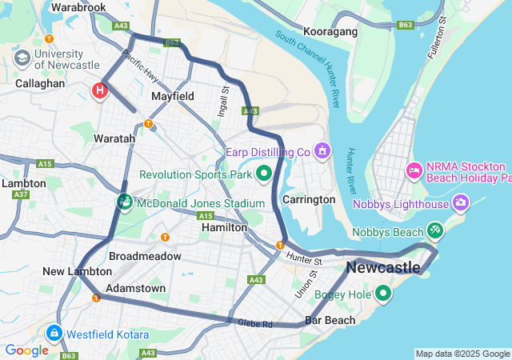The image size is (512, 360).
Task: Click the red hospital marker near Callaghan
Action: pyautogui.click(x=100, y=90)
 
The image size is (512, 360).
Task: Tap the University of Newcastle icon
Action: pyautogui.click(x=22, y=58)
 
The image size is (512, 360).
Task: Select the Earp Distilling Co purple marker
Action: pyautogui.click(x=322, y=150)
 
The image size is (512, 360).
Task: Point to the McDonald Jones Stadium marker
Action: pyautogui.click(x=125, y=202)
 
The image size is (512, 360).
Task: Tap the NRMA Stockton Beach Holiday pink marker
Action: pyautogui.click(x=414, y=169)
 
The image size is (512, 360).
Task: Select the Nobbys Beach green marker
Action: pyautogui.click(x=435, y=231)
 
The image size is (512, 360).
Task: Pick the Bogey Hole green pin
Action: pyautogui.click(x=383, y=294)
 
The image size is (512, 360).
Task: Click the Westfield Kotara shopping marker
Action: pyautogui.click(x=54, y=333)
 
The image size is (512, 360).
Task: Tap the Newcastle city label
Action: pyautogui.click(x=382, y=266)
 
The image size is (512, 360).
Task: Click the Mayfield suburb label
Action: pyautogui.click(x=173, y=96)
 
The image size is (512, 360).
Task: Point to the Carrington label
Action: pyautogui.click(x=309, y=199)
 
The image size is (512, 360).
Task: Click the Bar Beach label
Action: pyautogui.click(x=330, y=320)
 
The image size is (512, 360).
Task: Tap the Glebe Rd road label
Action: pyautogui.click(x=255, y=323)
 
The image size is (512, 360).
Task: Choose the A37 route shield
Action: pyautogui.click(x=21, y=194)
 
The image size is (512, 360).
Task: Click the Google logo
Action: pyautogui.click(x=26, y=350)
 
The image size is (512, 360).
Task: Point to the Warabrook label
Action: pyautogui.click(x=78, y=7)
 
